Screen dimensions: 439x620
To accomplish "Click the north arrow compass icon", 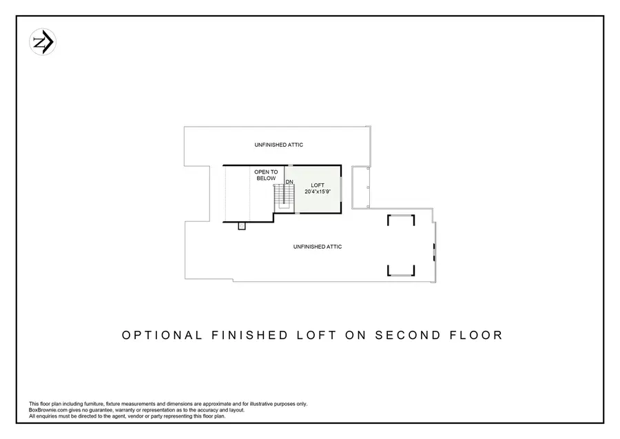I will click(x=43, y=43).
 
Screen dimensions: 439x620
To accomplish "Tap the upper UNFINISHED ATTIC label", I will click(x=278, y=145).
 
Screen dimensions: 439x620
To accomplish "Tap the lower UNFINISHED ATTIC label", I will click(x=317, y=247).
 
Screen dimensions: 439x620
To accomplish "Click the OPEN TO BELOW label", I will click(x=266, y=175).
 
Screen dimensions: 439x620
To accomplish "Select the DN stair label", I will click(x=289, y=182).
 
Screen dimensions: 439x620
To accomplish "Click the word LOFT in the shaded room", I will click(x=317, y=185).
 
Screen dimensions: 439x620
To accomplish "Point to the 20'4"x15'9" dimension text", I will click(x=318, y=192).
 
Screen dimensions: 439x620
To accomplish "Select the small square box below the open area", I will click(x=242, y=226).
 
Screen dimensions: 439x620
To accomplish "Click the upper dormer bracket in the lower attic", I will click(x=400, y=218).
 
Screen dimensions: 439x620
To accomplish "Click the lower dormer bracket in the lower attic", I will click(x=400, y=271).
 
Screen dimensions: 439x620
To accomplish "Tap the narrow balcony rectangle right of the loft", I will click(x=360, y=187).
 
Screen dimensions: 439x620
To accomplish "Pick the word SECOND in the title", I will click(x=406, y=336).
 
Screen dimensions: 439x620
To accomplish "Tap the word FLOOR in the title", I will click(x=475, y=336).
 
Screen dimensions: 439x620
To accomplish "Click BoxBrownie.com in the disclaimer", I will click(x=47, y=410).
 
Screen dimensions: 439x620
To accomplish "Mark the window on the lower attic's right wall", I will click(x=434, y=252).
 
